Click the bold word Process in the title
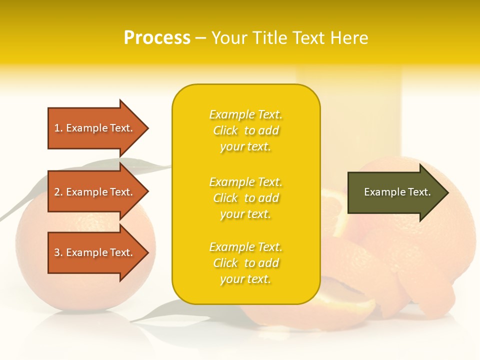pyautogui.click(x=157, y=38)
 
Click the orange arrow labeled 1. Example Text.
pyautogui.click(x=95, y=128)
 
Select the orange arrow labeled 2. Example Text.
pyautogui.click(x=95, y=192)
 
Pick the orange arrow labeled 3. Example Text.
pyautogui.click(x=95, y=252)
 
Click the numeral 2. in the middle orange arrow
pyautogui.click(x=58, y=192)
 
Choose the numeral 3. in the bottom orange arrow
pyautogui.click(x=58, y=252)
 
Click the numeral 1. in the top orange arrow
pyautogui.click(x=58, y=128)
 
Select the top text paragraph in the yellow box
pyautogui.click(x=245, y=130)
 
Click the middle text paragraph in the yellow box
pyautogui.click(x=245, y=198)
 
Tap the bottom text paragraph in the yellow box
pyautogui.click(x=245, y=263)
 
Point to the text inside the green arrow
pyautogui.click(x=397, y=192)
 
